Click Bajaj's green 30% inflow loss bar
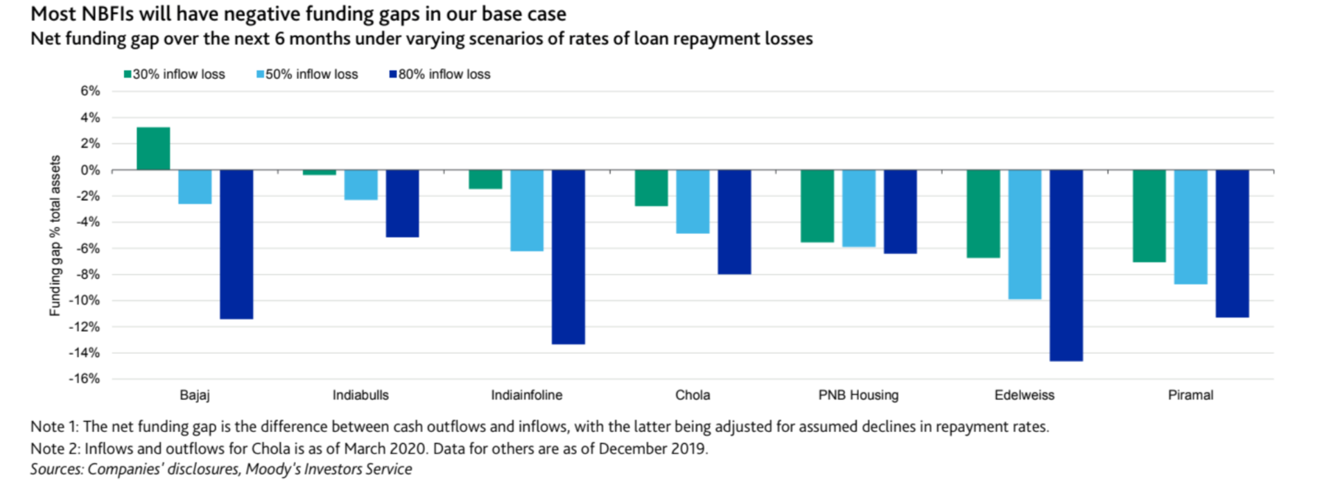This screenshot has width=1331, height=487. point(153,148)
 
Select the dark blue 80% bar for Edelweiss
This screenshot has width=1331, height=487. point(1066,265)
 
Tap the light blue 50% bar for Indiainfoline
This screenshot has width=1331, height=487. point(527,210)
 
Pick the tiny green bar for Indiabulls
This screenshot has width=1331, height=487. point(320,172)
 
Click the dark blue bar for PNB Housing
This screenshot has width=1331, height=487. point(901,212)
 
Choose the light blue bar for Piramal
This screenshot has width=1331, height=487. point(1190,227)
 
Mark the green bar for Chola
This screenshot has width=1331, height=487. point(652,188)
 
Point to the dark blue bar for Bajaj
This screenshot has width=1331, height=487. point(236,244)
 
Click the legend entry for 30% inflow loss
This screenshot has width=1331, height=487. point(175,74)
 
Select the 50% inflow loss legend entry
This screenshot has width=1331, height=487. point(308,74)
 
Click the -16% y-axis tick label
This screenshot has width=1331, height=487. point(85,379)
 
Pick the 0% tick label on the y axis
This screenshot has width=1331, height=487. point(90,170)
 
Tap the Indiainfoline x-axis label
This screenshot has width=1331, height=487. point(527,395)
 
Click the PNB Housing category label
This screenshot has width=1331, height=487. point(858,395)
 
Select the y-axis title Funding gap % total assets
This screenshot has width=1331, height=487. point(55,235)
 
